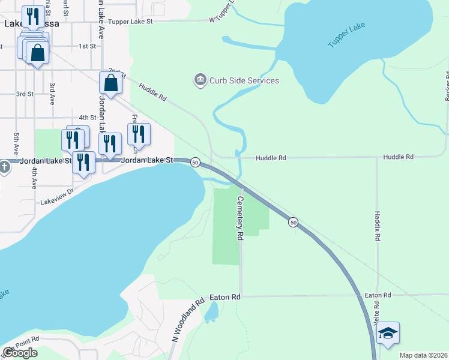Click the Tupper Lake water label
point(346,36)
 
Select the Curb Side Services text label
point(244,80)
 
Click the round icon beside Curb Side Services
point(199,80)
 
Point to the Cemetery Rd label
point(240,210)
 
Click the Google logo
point(20,353)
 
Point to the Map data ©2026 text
point(423,355)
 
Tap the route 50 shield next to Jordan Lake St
point(195,162)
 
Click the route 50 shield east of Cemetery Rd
point(293,222)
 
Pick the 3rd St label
point(25,94)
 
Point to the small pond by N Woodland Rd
point(211,312)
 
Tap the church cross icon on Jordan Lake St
point(4,167)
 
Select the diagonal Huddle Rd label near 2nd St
point(152,91)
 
